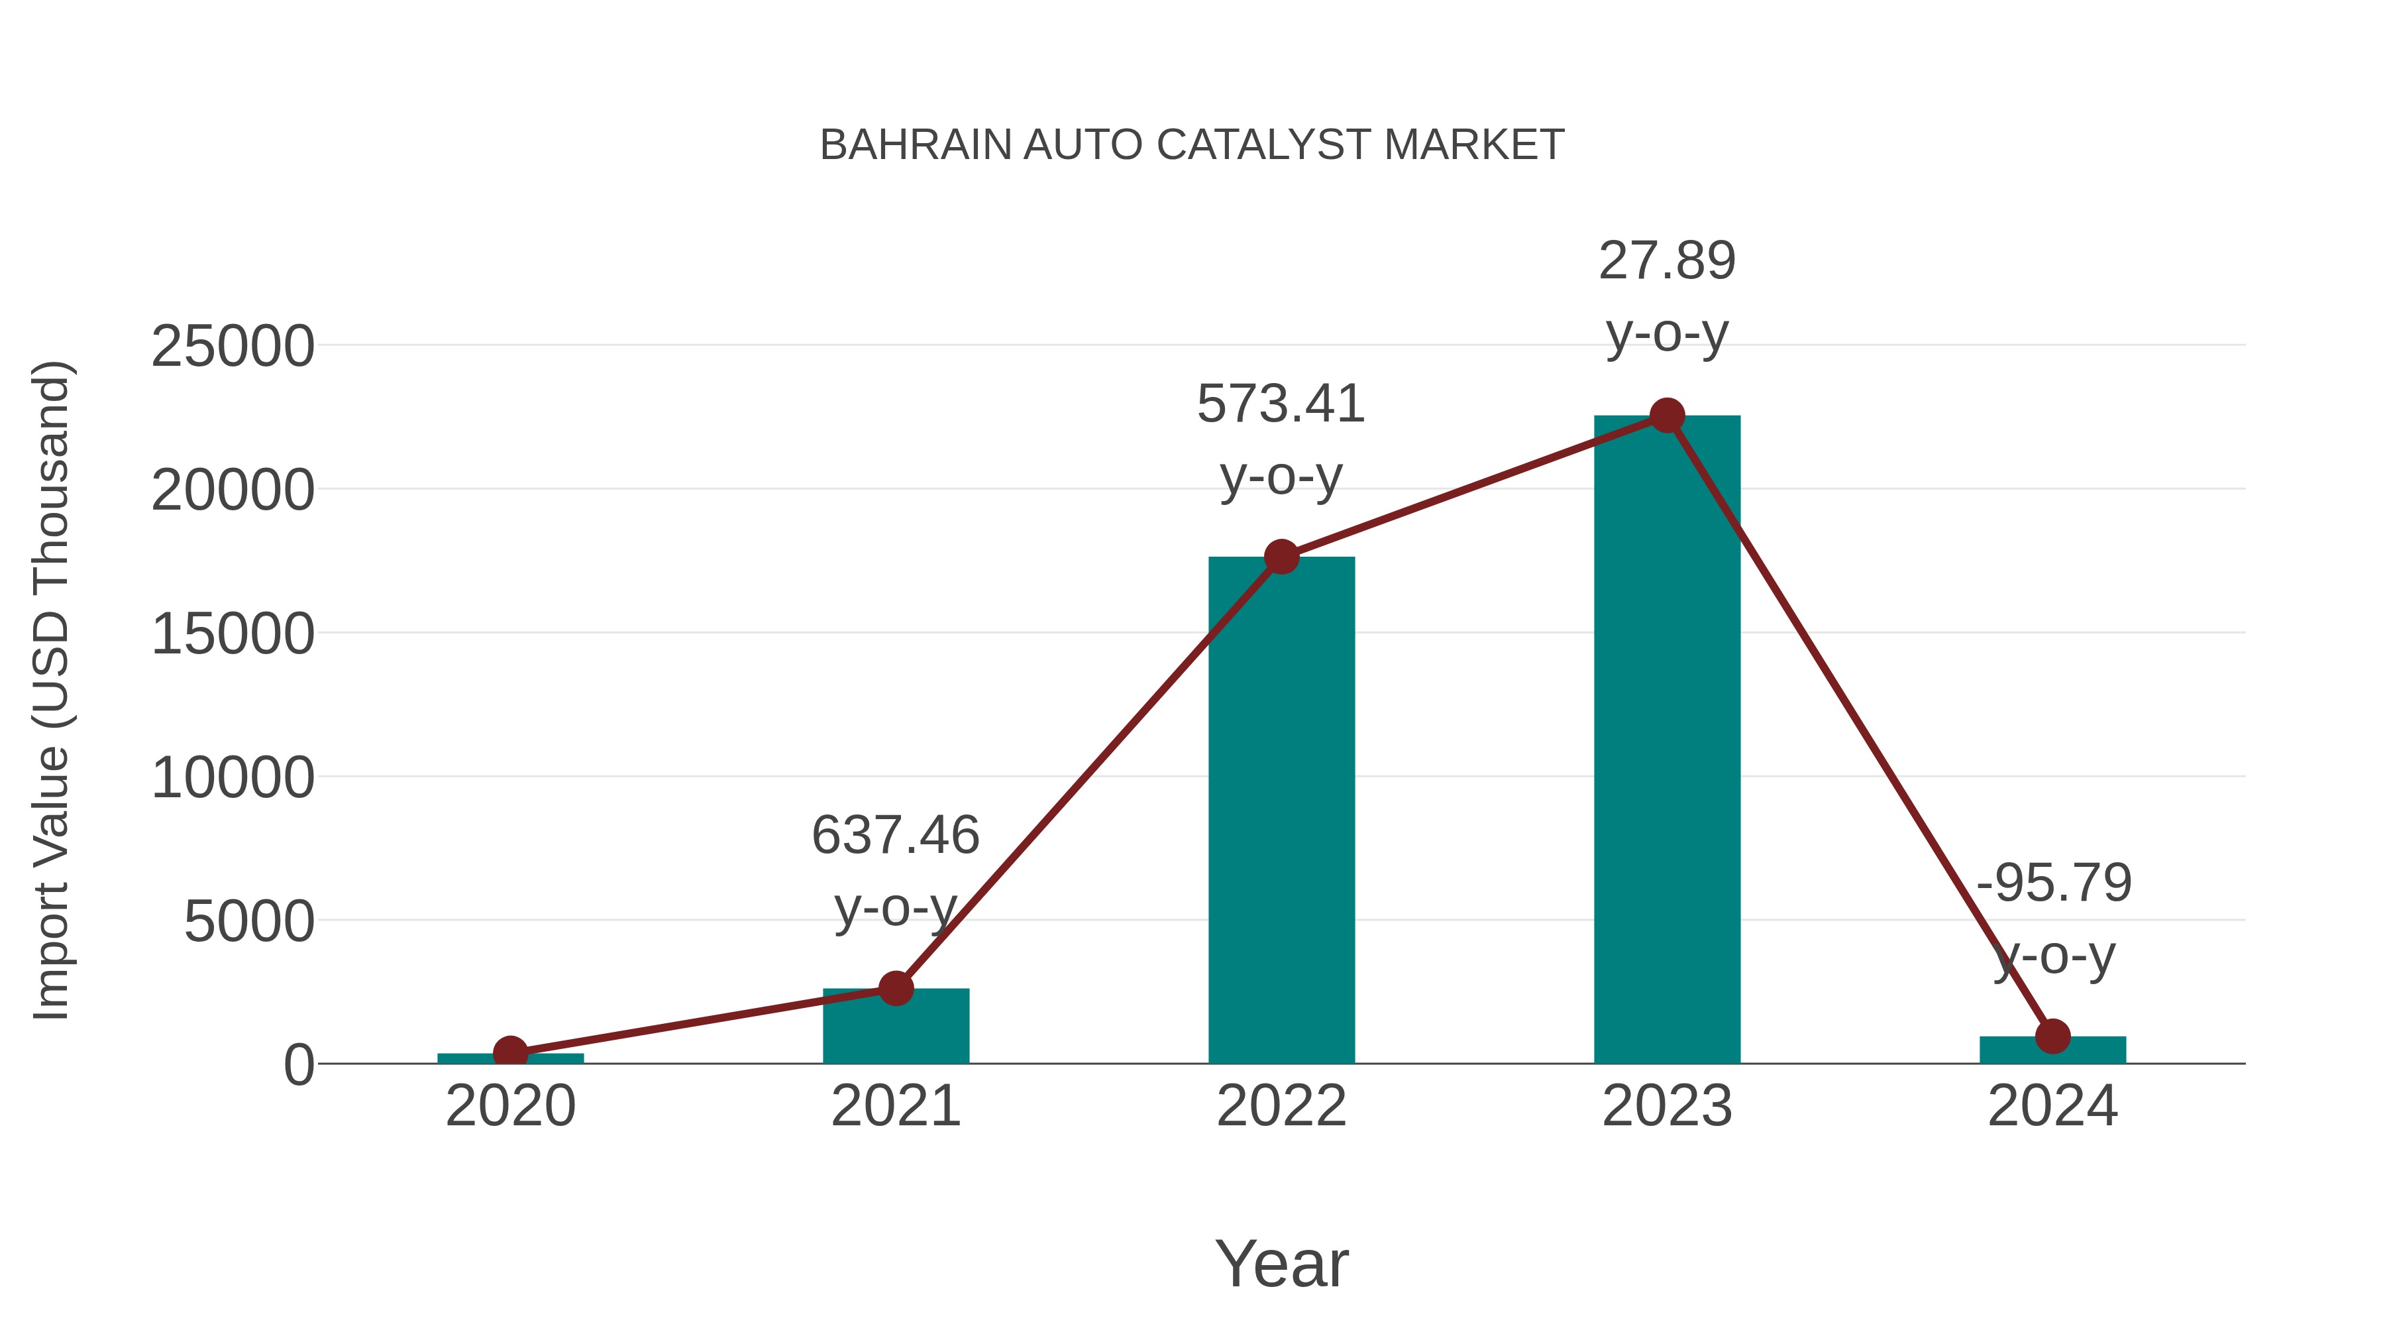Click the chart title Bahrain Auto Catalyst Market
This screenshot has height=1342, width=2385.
point(1192,145)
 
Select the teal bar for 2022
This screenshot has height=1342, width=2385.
point(1281,815)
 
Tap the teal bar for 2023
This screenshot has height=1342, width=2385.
point(1667,741)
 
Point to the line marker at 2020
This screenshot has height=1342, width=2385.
point(510,1053)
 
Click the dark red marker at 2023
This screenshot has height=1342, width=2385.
point(1667,416)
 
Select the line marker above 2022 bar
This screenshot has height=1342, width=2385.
point(1281,557)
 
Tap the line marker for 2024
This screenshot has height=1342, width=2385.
point(2052,1036)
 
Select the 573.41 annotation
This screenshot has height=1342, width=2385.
point(1281,405)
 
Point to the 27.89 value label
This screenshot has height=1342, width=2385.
point(1667,261)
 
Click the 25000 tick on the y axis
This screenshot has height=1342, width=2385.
point(233,347)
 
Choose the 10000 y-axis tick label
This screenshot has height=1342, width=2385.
point(233,778)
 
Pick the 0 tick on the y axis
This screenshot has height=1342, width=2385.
point(299,1065)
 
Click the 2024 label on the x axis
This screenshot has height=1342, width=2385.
point(2052,1107)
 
